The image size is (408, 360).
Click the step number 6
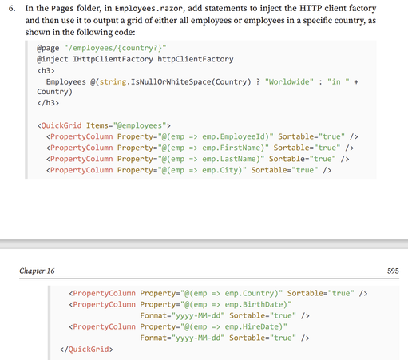[12, 8]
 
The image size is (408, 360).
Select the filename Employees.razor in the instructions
[149, 9]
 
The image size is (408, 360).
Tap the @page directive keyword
[48, 48]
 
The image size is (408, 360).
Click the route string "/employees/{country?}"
[115, 48]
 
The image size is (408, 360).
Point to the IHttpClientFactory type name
[113, 59]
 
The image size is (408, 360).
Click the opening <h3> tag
[46, 71]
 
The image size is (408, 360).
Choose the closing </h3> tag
[48, 103]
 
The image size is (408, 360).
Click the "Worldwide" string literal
[289, 81]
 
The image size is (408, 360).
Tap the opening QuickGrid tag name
[61, 125]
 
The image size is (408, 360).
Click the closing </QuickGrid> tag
[86, 349]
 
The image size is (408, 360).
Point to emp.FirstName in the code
[231, 148]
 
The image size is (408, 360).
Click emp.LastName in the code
[228, 159]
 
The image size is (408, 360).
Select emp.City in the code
[220, 170]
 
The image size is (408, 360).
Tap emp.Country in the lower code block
[249, 293]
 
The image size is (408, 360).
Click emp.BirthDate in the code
[254, 304]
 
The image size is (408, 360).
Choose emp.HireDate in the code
[252, 326]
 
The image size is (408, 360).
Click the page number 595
[393, 271]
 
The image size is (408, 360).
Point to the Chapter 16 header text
[37, 271]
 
